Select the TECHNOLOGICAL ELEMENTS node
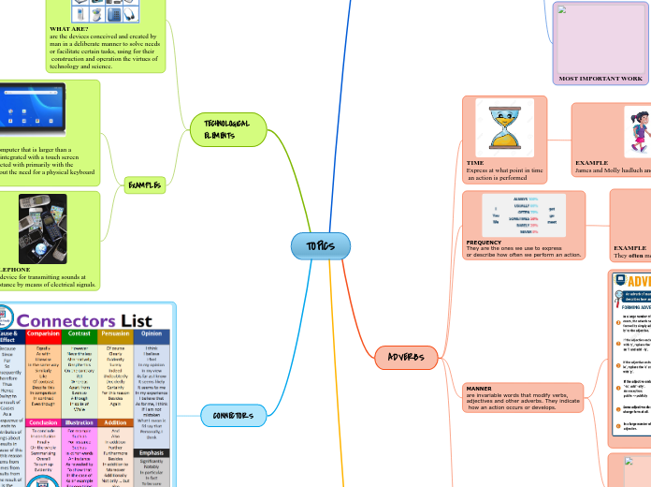220,129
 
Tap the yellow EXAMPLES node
144,185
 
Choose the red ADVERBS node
406,357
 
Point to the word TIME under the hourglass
475,163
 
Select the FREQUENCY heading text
484,242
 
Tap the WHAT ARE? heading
68,29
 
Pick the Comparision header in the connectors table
44,332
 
